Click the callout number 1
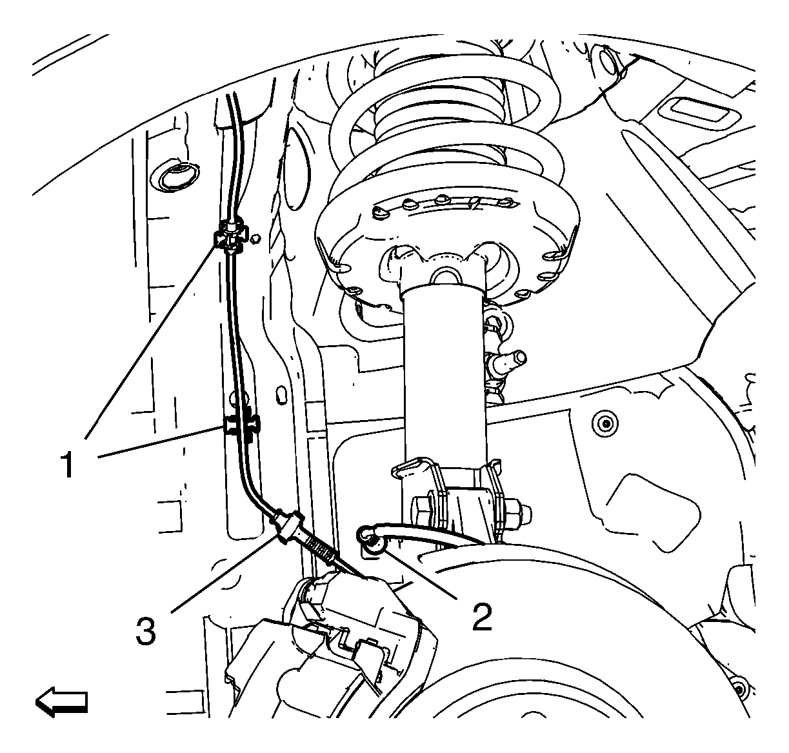[68, 464]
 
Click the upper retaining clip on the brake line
[231, 237]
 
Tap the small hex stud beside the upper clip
[255, 239]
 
